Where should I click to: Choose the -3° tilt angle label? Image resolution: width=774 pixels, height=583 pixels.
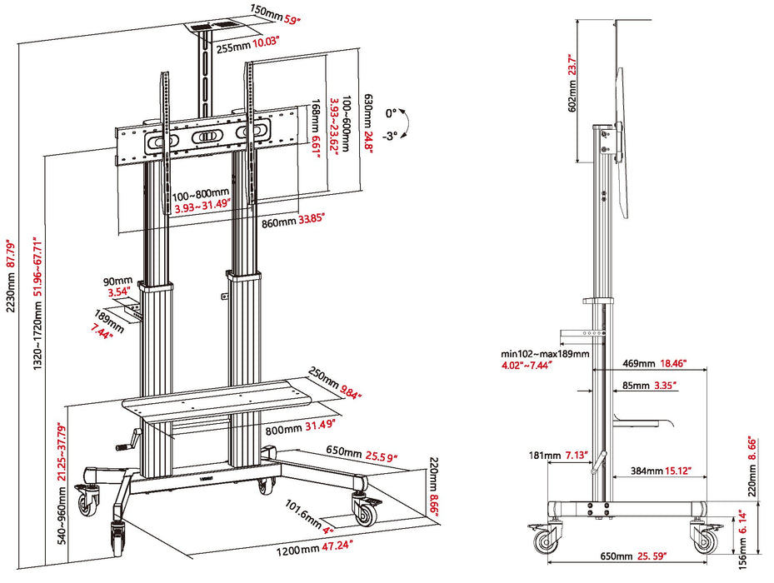[392, 135]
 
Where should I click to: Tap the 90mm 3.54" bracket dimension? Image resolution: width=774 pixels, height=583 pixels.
[119, 286]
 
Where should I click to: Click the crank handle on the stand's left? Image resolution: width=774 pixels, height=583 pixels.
[125, 446]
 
